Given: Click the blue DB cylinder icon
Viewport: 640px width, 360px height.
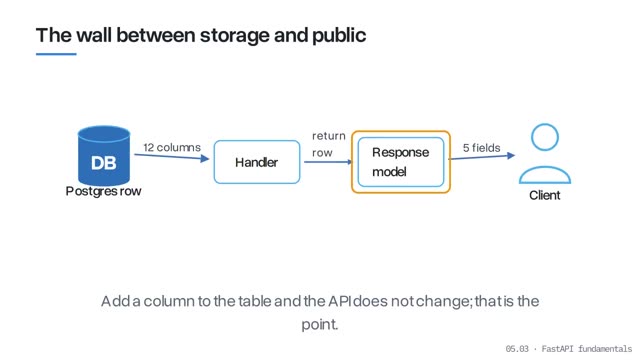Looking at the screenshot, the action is click(x=104, y=156).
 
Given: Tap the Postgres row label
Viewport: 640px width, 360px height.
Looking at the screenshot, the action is click(x=103, y=191).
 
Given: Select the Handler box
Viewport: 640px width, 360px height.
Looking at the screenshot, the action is click(x=257, y=162).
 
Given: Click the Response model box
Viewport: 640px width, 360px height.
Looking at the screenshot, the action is click(x=401, y=162).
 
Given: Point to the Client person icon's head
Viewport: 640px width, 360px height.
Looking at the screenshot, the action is click(x=545, y=137).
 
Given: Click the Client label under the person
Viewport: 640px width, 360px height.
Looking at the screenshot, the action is click(x=544, y=196).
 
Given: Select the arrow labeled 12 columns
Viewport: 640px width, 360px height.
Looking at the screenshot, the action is click(x=172, y=157).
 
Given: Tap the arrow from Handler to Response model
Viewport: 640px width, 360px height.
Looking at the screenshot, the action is click(x=328, y=162).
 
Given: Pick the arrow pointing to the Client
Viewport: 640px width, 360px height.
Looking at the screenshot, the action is click(x=482, y=157).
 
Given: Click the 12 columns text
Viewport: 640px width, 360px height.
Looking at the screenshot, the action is click(x=172, y=147).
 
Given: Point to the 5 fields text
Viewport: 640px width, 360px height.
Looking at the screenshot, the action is click(x=482, y=148).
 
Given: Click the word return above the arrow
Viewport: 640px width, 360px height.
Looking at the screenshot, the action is click(x=329, y=136).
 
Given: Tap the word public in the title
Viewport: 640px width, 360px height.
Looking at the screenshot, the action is click(x=339, y=36).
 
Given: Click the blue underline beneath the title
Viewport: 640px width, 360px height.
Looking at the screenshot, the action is click(x=56, y=54).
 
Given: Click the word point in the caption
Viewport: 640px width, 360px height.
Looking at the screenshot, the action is click(x=320, y=325).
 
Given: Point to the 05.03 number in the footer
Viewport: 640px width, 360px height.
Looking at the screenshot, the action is click(x=517, y=349).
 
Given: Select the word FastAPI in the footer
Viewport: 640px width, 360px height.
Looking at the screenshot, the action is click(x=558, y=349).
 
